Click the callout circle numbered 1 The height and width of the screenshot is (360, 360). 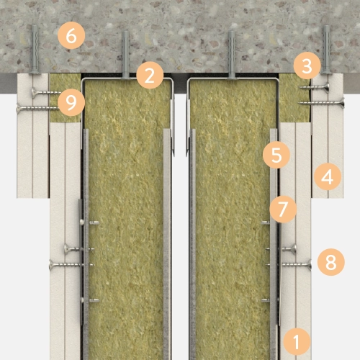click(297, 341)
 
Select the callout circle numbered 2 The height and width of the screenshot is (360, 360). click(150, 75)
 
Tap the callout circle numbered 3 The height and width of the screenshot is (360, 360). click(307, 66)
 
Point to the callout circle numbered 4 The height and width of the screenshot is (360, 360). click(328, 176)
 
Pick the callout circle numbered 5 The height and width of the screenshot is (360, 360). click(276, 155)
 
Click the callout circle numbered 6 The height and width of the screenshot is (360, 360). click(71, 36)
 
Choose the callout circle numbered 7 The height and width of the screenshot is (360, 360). click(283, 209)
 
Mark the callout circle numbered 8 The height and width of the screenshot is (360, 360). click(331, 262)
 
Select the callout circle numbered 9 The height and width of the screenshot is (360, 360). click(71, 102)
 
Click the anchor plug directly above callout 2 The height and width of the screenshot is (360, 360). click(125, 55)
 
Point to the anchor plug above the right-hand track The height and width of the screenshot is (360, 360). click(231, 55)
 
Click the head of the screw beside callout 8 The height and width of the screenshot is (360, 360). click(310, 265)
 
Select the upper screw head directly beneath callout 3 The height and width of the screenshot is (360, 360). click(326, 88)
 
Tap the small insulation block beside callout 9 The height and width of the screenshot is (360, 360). click(65, 98)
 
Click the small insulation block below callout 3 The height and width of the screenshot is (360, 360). click(294, 98)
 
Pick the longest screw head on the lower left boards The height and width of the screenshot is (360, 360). click(52, 265)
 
